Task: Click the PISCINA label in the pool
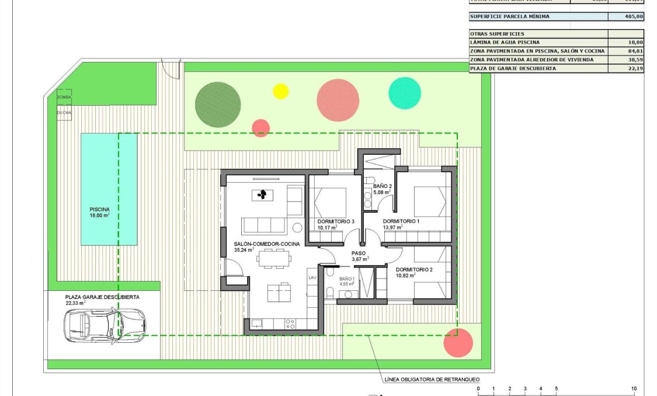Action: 99,209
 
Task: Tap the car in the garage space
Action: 105,325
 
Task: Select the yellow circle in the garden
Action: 281,91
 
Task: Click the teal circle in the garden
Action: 405,93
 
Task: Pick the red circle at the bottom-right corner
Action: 458,342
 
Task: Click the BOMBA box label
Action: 64,96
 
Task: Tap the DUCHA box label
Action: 64,112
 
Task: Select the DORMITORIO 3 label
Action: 336,221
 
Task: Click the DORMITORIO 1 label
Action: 401,221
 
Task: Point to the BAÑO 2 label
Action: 382,186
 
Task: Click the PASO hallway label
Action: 359,253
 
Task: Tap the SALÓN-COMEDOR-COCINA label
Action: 267,243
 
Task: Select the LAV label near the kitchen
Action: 312,278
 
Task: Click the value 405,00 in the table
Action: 633,17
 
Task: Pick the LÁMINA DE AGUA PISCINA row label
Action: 505,43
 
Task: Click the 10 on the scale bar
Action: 634,388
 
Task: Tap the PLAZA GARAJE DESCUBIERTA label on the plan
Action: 102,297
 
